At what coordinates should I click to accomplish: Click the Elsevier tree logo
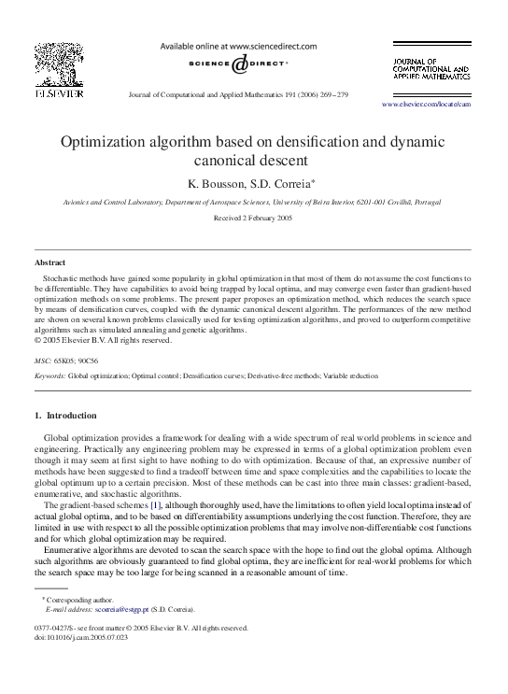[x=54, y=63]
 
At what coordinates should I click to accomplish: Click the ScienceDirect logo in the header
[x=239, y=63]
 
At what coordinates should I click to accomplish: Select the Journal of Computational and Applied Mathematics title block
[x=430, y=68]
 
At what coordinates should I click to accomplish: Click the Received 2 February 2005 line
[x=253, y=218]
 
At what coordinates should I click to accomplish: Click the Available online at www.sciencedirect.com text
[x=239, y=46]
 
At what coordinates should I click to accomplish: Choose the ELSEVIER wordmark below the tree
[x=54, y=93]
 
